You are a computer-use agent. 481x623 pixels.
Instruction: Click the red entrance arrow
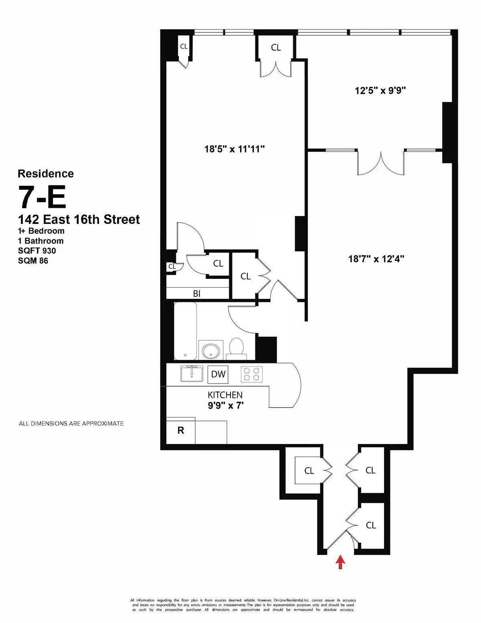tap(340, 562)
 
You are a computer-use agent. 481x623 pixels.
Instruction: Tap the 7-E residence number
tap(42, 197)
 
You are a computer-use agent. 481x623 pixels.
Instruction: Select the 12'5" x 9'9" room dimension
tap(380, 91)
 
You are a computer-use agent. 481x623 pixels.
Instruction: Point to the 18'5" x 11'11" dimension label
tap(234, 149)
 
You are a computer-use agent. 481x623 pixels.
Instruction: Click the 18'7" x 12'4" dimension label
tap(376, 259)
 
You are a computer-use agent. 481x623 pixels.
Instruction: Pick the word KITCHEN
tap(225, 395)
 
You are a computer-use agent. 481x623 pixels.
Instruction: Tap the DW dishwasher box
tap(218, 374)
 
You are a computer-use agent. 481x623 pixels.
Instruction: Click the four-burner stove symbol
tap(252, 374)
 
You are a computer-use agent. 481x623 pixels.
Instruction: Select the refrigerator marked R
tap(181, 431)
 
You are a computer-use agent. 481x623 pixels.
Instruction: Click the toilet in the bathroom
tap(236, 348)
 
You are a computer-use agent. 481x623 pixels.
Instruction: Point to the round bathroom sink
tap(211, 351)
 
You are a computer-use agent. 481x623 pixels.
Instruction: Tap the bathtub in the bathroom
tap(186, 331)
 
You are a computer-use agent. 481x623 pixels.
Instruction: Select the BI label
tap(197, 294)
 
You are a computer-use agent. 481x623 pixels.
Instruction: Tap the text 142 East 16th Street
tap(79, 219)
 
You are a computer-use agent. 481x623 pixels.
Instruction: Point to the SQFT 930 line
tap(37, 251)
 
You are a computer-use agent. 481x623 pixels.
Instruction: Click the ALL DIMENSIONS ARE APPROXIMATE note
tap(71, 423)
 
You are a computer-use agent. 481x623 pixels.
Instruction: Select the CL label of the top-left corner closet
tap(184, 47)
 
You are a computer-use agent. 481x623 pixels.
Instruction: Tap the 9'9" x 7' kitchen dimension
tap(226, 406)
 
